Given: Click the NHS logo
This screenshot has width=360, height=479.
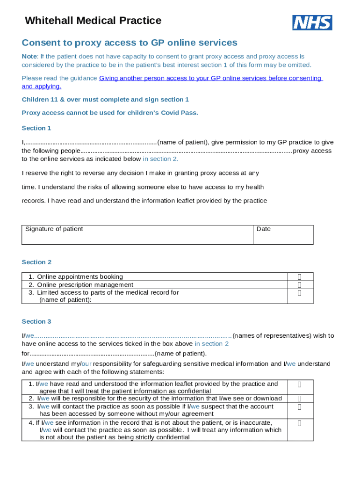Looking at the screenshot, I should click(312, 22).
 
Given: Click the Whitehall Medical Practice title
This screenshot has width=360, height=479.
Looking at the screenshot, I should click(93, 21).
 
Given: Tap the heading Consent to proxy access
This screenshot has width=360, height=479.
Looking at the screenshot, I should click(130, 43).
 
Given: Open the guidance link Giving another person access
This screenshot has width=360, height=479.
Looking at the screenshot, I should click(210, 78).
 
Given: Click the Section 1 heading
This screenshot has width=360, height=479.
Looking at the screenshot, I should click(36, 128).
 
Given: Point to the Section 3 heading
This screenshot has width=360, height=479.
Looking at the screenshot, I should click(36, 322).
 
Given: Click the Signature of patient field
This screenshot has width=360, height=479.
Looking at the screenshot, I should click(137, 235).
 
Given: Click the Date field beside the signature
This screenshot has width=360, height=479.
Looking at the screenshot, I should click(283, 235).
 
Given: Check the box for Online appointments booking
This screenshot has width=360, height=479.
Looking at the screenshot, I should click(300, 277).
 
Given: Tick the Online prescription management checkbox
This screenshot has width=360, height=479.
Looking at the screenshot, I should click(300, 285).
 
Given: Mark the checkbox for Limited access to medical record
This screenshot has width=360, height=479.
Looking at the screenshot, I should click(300, 293).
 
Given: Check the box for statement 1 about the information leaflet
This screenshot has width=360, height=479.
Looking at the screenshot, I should click(300, 385).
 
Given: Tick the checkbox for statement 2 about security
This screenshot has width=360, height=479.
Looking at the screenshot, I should click(300, 399).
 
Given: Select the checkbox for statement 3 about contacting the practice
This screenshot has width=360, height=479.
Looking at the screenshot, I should click(300, 407).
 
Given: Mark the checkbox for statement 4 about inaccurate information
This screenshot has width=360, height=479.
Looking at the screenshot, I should click(300, 423).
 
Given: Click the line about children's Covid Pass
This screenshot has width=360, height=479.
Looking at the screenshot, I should click(110, 113).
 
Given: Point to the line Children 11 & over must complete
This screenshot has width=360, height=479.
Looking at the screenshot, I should click(105, 100).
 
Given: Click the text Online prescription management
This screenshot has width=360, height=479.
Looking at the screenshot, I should click(85, 285).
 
